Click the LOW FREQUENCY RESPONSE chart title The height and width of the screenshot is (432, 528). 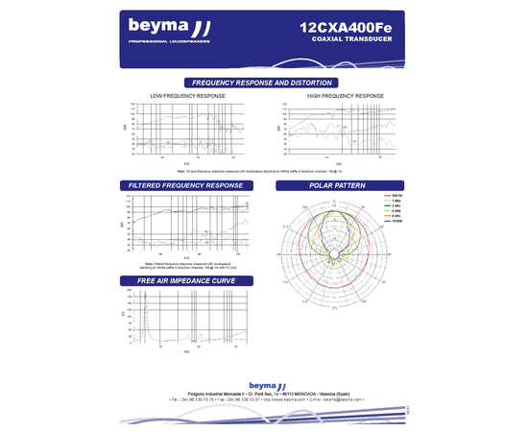188,97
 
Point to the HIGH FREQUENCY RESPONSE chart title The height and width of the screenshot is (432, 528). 345,97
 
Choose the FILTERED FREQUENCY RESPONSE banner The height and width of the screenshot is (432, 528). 185,184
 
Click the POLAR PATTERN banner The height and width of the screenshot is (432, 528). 338,184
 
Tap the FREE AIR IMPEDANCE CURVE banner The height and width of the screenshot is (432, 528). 185,280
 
